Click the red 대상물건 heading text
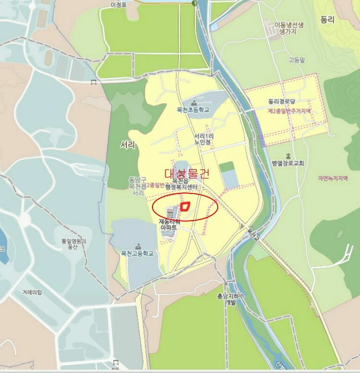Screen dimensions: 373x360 187,173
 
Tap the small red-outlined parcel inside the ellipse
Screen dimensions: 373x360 186,206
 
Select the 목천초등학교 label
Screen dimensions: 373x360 193,110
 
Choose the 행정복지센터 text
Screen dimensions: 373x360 182,188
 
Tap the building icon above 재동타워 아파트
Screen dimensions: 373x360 171,213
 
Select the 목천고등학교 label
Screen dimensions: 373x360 138,254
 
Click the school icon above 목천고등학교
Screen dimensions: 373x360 138,246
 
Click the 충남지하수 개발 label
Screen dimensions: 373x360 230,299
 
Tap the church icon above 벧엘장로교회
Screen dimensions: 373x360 287,156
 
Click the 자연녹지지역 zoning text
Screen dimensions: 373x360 332,179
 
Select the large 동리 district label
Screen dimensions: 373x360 327,20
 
